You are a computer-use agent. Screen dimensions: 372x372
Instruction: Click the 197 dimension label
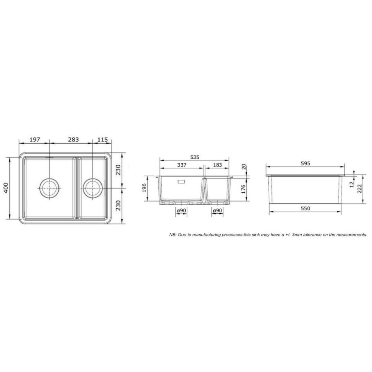point(35,140)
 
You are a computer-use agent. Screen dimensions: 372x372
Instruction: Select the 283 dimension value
point(73,140)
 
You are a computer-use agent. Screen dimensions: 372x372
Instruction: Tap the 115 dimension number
point(103,140)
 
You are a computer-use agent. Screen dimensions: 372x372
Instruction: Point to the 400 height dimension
point(6,188)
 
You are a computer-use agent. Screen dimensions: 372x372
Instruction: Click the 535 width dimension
point(195,157)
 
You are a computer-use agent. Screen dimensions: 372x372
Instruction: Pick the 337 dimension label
point(182,165)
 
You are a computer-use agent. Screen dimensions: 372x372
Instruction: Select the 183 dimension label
point(217,165)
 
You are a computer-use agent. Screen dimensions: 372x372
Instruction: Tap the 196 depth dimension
point(144,188)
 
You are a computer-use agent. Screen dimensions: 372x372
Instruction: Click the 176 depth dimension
point(243,189)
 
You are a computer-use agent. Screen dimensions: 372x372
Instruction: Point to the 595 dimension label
point(305,163)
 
